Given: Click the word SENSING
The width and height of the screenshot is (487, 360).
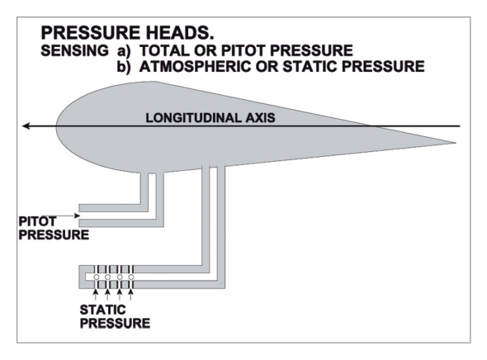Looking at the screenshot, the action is (74, 50).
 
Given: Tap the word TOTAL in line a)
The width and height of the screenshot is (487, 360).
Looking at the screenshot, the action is (163, 50).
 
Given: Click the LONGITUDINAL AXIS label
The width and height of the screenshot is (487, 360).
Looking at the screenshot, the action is (210, 118).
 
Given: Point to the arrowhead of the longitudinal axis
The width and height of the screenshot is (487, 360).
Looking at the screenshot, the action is (26, 126).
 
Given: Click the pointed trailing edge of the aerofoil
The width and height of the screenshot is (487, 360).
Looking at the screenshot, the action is (456, 143).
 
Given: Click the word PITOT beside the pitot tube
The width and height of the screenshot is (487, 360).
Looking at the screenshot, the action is (38, 221).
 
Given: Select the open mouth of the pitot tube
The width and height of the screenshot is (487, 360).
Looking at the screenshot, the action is (80, 216).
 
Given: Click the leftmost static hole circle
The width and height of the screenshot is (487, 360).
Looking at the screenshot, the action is (97, 277).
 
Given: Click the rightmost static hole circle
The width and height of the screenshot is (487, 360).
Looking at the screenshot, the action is (131, 277).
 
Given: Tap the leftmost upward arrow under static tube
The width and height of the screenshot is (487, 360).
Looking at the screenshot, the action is (96, 295).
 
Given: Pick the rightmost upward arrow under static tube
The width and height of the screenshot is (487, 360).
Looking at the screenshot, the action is (130, 295).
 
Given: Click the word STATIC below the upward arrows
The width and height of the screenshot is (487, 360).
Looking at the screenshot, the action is (103, 310).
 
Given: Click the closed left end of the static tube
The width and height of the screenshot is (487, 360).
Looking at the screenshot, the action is (82, 277).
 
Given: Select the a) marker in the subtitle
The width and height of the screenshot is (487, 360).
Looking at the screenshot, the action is (124, 51).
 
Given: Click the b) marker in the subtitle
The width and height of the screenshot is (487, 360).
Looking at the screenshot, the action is (124, 67).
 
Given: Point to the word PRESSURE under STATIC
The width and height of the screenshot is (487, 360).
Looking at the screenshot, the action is (115, 324).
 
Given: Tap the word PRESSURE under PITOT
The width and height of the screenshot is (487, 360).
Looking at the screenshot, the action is (54, 234).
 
